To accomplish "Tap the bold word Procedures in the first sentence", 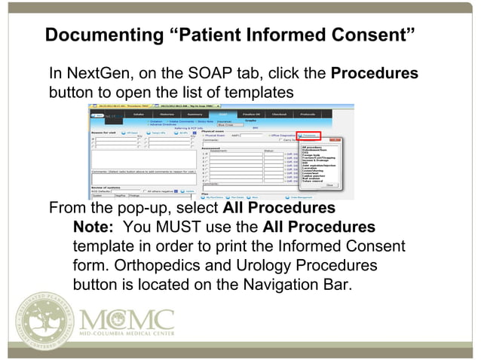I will (375, 75).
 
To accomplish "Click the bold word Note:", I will (94, 227).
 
